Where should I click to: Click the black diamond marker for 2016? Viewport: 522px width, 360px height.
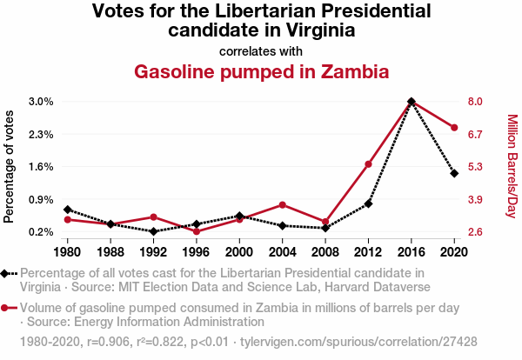(411, 102)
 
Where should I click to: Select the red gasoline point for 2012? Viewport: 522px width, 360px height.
(368, 164)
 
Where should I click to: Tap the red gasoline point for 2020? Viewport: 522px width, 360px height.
(454, 128)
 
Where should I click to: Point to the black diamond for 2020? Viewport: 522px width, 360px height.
(454, 173)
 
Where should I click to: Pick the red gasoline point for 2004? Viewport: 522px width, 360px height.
(282, 204)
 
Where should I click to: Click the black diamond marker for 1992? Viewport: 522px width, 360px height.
(153, 231)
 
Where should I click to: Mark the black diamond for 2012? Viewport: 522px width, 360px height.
(368, 203)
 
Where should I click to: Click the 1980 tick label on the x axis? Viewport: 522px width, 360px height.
(67, 252)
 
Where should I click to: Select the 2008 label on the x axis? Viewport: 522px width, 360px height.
(325, 252)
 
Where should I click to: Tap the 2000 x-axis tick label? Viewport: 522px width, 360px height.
(239, 252)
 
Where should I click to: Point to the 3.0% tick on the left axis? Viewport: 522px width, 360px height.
(41, 102)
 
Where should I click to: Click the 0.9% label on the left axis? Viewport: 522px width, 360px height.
(41, 199)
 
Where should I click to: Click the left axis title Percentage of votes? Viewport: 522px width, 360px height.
(10, 166)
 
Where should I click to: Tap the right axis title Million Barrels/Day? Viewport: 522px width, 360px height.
(512, 166)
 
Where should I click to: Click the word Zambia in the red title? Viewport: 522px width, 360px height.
(344, 71)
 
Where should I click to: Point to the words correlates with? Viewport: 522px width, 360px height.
(260, 50)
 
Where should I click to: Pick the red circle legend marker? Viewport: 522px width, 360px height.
(7, 308)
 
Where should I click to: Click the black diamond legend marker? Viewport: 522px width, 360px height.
(7, 273)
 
